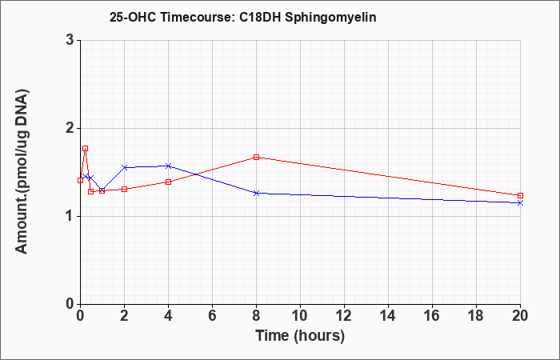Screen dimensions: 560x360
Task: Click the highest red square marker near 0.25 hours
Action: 85,148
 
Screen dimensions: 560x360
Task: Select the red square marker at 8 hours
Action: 256,157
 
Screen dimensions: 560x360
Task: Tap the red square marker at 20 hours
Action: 520,195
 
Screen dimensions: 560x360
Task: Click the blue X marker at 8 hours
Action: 256,193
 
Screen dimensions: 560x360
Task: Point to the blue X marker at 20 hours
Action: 520,203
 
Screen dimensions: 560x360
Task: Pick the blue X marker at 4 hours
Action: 169,166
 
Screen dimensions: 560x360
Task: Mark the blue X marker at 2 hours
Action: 125,167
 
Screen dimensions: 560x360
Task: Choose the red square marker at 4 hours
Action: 169,182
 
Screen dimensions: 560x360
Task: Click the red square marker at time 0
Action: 80,180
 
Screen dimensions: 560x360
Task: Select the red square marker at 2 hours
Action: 124,189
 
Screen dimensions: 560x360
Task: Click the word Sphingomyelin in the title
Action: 330,18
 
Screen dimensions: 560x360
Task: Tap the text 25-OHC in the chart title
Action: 133,18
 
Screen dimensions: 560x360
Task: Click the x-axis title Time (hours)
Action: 300,336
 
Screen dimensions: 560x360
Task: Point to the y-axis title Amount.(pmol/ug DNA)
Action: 22,172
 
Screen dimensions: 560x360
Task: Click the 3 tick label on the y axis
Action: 70,40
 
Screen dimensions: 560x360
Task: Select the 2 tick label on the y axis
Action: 70,128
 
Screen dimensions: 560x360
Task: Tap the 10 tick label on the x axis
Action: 300,316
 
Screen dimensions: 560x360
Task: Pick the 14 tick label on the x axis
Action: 388,316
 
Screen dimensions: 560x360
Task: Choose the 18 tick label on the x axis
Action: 476,316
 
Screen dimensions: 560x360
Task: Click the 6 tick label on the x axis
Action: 212,316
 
